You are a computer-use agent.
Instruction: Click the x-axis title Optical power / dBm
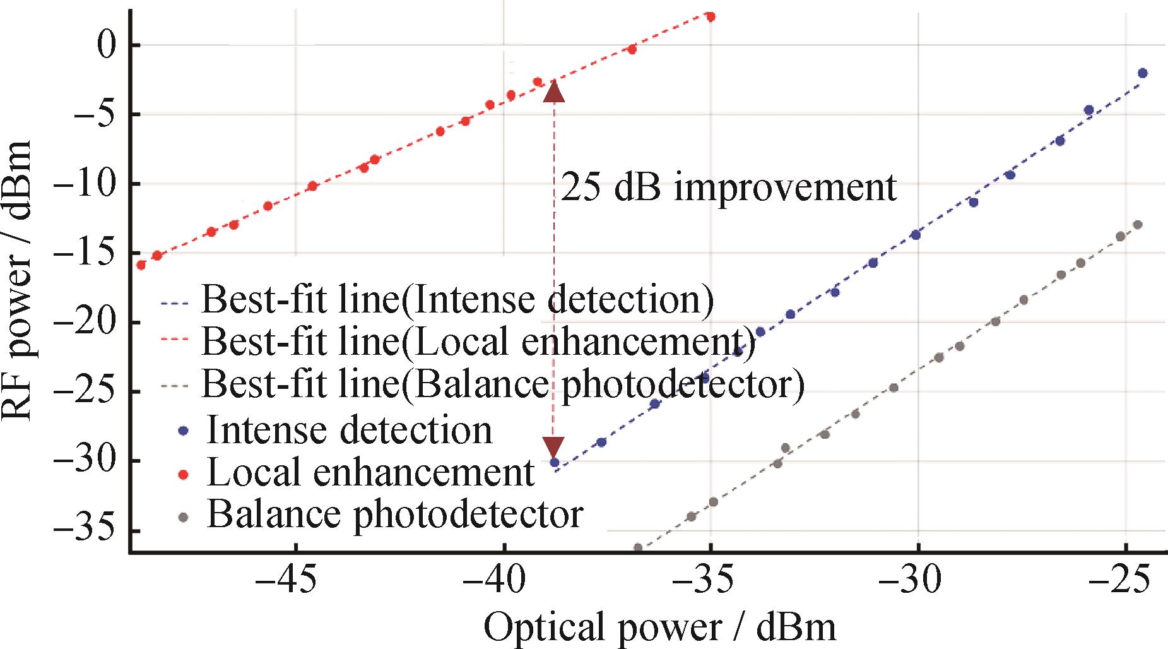(659, 628)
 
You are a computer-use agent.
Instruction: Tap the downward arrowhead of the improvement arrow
(554, 446)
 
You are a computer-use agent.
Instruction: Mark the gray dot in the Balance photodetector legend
(184, 516)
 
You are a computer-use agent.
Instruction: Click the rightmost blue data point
(1142, 73)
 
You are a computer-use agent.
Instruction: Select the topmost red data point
(711, 17)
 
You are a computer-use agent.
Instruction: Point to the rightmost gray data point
(1138, 225)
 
